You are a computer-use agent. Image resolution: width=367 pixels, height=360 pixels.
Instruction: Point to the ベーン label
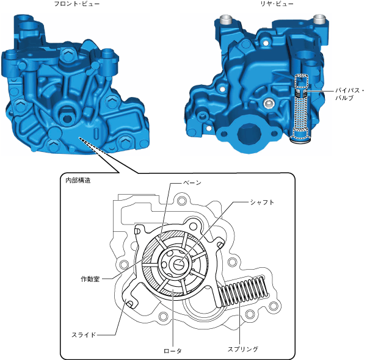tap(192, 182)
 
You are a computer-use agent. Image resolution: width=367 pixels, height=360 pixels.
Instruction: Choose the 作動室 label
tap(90, 279)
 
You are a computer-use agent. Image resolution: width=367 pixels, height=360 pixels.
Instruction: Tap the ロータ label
tap(173, 351)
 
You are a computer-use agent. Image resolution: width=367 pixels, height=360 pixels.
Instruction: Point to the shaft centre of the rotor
tap(179, 264)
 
